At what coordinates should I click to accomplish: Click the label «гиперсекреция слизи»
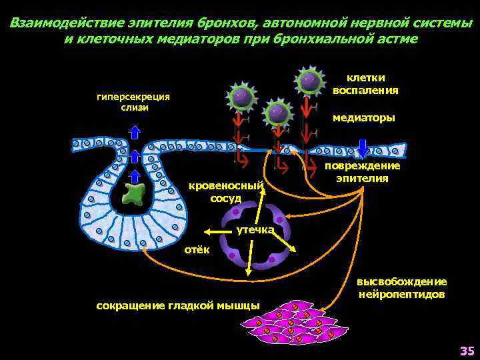pos(133,102)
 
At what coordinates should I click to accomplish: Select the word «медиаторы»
pos(363,117)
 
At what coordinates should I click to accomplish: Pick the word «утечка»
pos(255,230)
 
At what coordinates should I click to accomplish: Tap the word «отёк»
pos(197,249)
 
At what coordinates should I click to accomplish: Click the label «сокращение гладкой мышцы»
pos(178,305)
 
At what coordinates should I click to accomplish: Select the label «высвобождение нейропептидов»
pos(402,287)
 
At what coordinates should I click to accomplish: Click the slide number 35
pos(466,351)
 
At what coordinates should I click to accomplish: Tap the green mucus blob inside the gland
pos(135,194)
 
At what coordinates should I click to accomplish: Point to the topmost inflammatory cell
pos(309,81)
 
